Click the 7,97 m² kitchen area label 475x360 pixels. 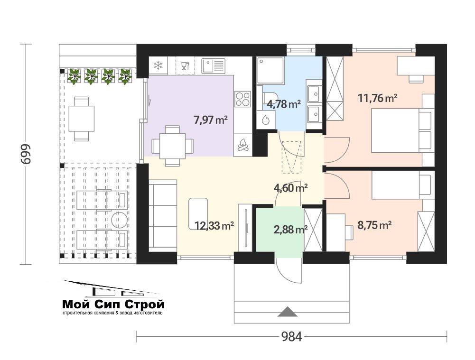pyautogui.click(x=211, y=120)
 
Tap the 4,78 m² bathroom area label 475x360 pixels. pyautogui.click(x=284, y=104)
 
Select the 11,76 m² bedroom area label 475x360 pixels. pyautogui.click(x=377, y=98)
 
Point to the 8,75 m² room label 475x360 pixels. pyautogui.click(x=375, y=225)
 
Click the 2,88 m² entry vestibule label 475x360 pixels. pyautogui.click(x=290, y=230)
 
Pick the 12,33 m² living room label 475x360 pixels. pyautogui.click(x=214, y=226)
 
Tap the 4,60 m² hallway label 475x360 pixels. pyautogui.click(x=290, y=188)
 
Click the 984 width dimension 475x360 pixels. pyautogui.click(x=291, y=336)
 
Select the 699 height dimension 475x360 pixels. pyautogui.click(x=26, y=154)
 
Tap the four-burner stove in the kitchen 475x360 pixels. pyautogui.click(x=243, y=99)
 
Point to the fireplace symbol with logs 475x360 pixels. pyautogui.click(x=243, y=145)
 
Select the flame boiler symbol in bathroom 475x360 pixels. pyautogui.click(x=265, y=120)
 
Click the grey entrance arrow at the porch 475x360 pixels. pyautogui.click(x=287, y=312)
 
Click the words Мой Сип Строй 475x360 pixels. pyautogui.click(x=113, y=304)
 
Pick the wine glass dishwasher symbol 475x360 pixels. pyautogui.click(x=185, y=65)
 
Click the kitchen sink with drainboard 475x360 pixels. pyautogui.click(x=214, y=66)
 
